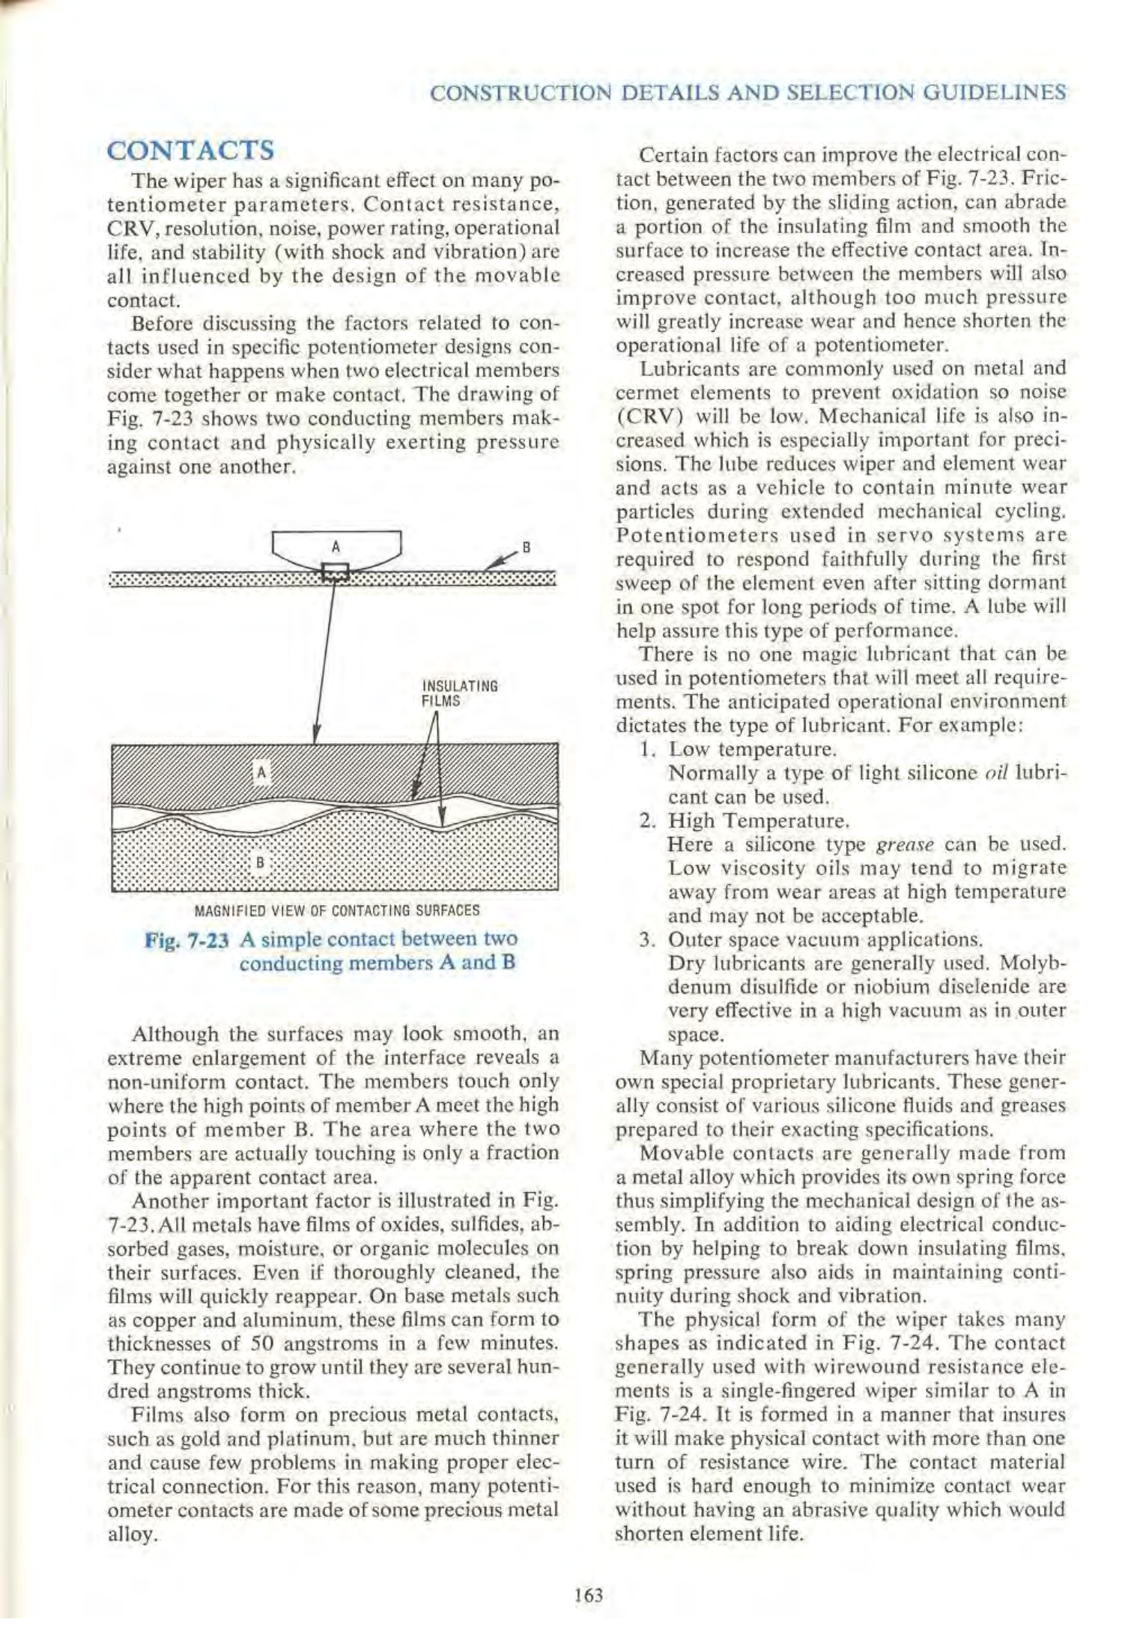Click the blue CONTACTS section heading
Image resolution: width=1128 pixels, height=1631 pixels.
pyautogui.click(x=191, y=151)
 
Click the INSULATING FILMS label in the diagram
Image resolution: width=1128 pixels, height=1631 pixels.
pyautogui.click(x=460, y=694)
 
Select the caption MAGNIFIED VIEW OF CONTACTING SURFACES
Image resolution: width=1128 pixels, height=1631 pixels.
pyautogui.click(x=336, y=911)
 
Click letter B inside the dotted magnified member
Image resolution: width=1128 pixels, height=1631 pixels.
pyautogui.click(x=260, y=862)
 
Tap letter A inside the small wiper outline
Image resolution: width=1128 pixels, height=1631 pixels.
pyautogui.click(x=336, y=546)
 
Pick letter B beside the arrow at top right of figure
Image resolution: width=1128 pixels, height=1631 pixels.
pyautogui.click(x=526, y=547)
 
